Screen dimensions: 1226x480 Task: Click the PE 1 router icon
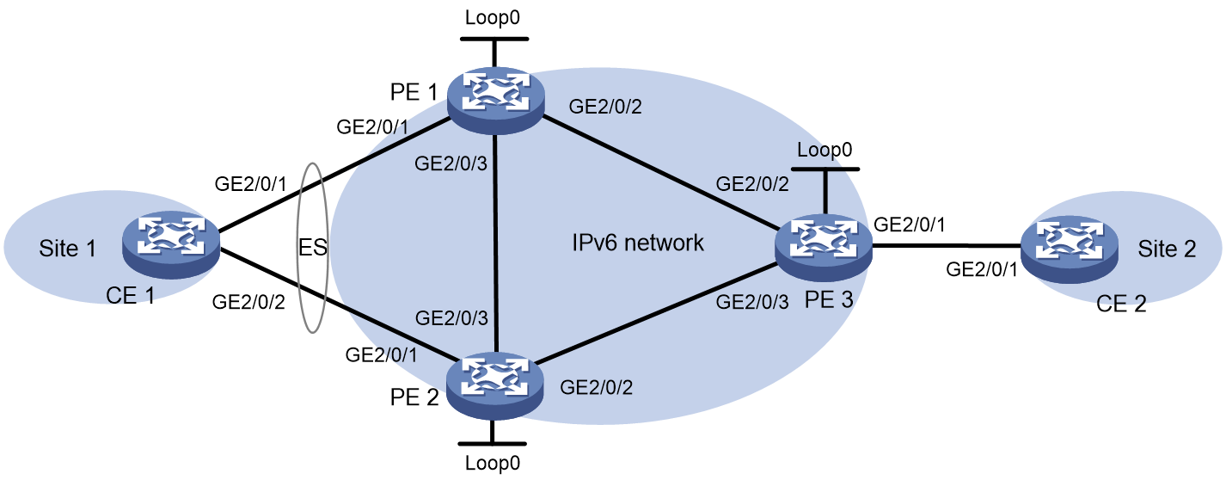coord(495,101)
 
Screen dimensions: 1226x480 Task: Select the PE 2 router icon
coord(495,386)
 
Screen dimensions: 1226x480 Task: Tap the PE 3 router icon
coord(824,248)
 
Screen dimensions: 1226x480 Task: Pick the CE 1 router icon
coord(171,244)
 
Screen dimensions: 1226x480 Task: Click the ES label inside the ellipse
coord(313,248)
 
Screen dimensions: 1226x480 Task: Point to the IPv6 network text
coord(638,243)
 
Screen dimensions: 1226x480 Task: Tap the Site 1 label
coord(67,249)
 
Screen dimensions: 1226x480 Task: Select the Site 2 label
coord(1167,249)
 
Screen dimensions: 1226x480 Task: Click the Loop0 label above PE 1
coord(493,17)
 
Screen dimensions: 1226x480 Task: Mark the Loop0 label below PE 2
coord(493,463)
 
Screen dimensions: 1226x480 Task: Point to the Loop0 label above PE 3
coord(824,150)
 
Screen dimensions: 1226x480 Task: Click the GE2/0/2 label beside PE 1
coord(605,106)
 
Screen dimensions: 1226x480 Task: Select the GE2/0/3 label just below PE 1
coord(451,163)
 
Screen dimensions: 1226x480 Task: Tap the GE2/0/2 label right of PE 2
coord(597,387)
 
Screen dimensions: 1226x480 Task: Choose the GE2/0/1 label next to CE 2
coord(982,269)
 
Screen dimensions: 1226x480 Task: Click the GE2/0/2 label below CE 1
coord(248,302)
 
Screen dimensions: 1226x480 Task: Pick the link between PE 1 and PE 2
coord(495,243)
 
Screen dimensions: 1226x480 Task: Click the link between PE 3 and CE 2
coord(947,246)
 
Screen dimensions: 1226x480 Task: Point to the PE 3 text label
coord(829,299)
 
